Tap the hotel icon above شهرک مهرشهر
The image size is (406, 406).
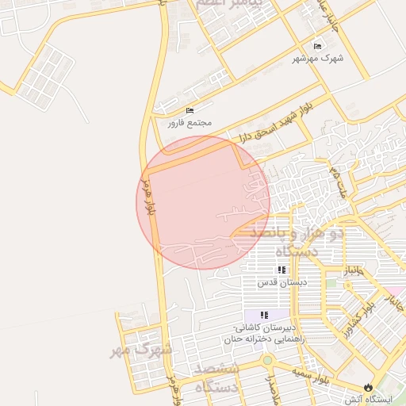click(x=318, y=46)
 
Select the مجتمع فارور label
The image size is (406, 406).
click(x=186, y=123)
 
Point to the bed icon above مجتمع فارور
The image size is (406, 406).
click(x=189, y=110)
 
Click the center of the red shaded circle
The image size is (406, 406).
click(x=203, y=202)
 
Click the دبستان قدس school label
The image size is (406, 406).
click(x=276, y=282)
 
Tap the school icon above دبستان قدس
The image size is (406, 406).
click(x=282, y=270)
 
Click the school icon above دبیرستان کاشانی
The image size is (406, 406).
click(x=264, y=316)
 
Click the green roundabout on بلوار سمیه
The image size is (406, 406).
click(x=267, y=360)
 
